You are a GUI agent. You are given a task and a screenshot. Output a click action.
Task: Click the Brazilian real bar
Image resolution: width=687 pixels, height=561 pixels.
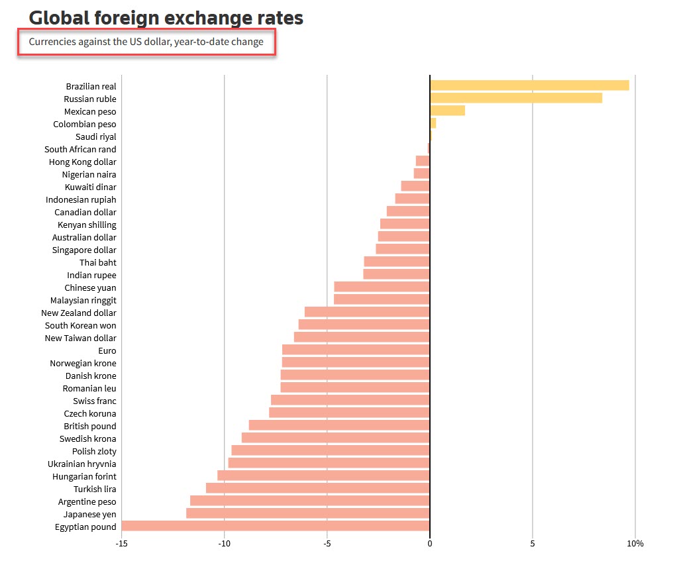point(529,85)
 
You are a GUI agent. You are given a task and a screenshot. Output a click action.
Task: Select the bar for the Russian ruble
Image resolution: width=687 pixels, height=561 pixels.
point(515,98)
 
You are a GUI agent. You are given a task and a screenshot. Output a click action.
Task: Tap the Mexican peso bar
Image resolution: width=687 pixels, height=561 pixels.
point(447,111)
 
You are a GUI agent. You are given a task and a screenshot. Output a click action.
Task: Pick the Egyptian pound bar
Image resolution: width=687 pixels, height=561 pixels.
point(276,526)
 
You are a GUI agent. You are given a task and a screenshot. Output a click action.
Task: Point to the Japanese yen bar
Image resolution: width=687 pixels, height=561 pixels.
point(308,513)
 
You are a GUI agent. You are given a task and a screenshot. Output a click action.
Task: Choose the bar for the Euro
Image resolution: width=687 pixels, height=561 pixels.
point(356,350)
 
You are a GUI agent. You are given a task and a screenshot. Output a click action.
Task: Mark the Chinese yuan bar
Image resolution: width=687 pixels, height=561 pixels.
point(382,287)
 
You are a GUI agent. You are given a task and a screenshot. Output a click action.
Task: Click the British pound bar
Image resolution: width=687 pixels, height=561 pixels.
point(339,425)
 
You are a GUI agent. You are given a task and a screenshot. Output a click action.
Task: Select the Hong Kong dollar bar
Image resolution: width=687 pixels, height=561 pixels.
point(423,161)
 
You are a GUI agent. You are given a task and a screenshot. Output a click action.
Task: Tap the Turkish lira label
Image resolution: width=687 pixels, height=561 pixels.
point(95,489)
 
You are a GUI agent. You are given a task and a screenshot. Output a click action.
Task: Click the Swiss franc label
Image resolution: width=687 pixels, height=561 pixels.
point(94,401)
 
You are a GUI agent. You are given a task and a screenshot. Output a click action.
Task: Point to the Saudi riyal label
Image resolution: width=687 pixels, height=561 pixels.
point(95,136)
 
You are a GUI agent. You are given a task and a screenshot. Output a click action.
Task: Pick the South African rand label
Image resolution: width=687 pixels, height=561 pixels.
point(80,149)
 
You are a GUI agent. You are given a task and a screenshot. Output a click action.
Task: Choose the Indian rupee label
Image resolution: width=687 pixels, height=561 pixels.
point(91,275)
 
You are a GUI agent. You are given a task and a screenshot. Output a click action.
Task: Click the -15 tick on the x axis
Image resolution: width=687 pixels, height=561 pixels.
point(121,544)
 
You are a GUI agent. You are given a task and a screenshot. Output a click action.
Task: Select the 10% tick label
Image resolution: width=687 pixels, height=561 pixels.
point(635,544)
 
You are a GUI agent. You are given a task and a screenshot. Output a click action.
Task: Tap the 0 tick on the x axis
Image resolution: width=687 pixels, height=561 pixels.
point(429,544)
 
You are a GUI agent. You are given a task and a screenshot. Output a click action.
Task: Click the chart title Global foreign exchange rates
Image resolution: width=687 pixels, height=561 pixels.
point(166,18)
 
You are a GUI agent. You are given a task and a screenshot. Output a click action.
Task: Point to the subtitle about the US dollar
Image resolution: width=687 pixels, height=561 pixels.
point(146,42)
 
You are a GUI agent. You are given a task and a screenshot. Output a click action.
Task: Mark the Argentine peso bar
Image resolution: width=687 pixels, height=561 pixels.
point(309,501)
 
